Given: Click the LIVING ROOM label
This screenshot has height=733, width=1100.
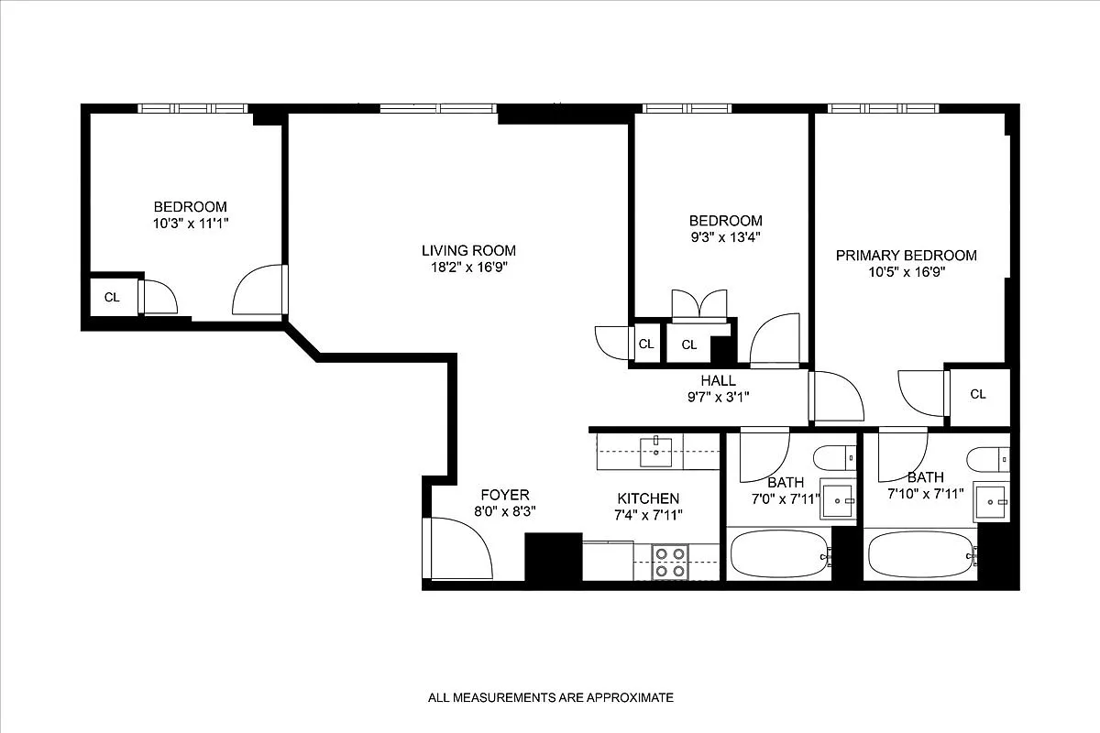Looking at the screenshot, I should click(468, 250).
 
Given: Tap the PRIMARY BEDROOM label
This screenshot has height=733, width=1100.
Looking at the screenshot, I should click(906, 256).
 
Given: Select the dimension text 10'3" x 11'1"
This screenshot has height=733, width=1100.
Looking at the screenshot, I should click(190, 223).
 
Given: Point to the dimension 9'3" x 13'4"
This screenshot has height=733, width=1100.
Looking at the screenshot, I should click(725, 236).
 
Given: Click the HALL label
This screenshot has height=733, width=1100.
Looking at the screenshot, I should click(718, 380).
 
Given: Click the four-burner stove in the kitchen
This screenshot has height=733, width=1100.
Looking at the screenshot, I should click(669, 562).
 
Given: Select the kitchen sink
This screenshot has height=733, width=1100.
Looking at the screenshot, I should click(656, 448).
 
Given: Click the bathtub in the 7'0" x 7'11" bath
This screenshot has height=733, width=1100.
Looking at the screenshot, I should click(779, 554).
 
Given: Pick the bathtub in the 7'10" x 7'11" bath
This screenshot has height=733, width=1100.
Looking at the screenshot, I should click(919, 554).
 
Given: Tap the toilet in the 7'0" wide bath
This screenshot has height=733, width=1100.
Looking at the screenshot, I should click(835, 455).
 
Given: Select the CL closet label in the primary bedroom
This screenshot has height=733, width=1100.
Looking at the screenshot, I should click(978, 394).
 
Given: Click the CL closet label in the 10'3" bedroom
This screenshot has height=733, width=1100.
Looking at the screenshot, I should click(112, 297).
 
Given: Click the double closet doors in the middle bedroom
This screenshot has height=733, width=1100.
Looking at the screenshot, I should click(699, 305).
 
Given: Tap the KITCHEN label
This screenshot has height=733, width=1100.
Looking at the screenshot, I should click(648, 498).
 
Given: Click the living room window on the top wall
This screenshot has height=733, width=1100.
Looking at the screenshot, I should click(438, 108).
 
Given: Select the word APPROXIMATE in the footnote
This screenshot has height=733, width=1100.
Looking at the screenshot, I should click(627, 697).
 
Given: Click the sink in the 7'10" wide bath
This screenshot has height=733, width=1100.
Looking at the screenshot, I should click(990, 500).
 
